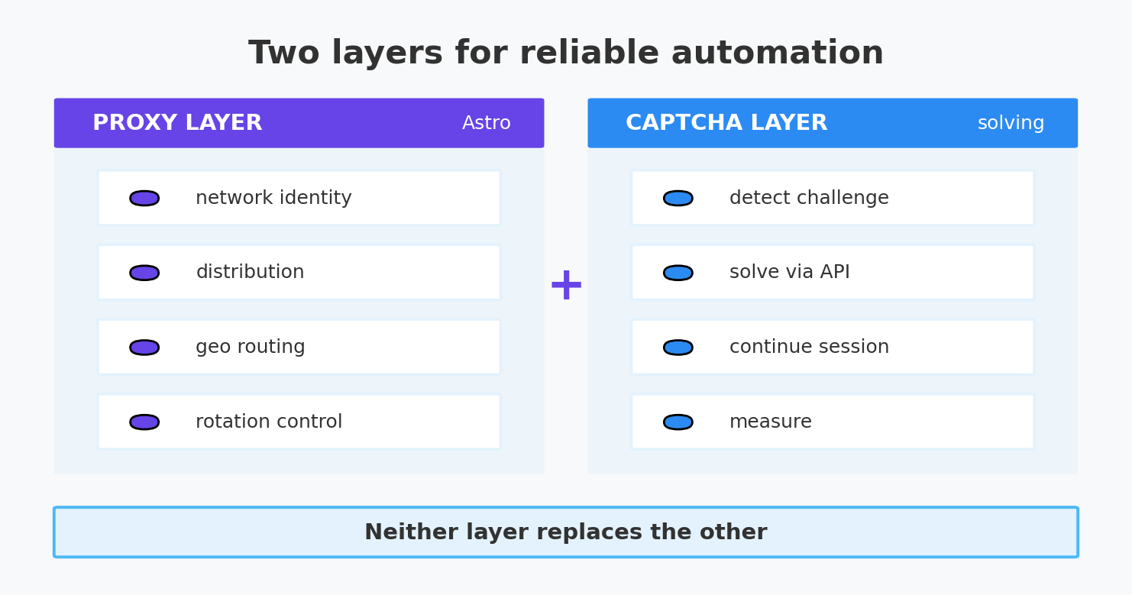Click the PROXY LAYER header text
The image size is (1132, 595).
pyautogui.click(x=177, y=123)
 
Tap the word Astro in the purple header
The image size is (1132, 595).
pyautogui.click(x=486, y=123)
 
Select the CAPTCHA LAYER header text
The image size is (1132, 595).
pyautogui.click(x=726, y=123)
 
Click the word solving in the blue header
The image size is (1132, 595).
pyautogui.click(x=1011, y=123)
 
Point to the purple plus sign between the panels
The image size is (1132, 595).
pyautogui.click(x=566, y=285)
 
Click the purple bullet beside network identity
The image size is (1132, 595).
pyautogui.click(x=144, y=198)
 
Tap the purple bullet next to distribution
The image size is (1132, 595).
pyautogui.click(x=144, y=273)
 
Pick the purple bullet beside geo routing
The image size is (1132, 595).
pyautogui.click(x=144, y=348)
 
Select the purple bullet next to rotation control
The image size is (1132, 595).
pyautogui.click(x=144, y=422)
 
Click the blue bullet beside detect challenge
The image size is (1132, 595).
pyautogui.click(x=678, y=198)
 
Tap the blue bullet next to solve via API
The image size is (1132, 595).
pyautogui.click(x=678, y=273)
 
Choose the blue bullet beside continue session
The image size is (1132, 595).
pyautogui.click(x=678, y=348)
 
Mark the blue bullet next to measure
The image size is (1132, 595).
pyautogui.click(x=678, y=422)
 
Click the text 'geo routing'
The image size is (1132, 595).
pyautogui.click(x=250, y=348)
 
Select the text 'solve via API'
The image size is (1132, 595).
pyautogui.click(x=789, y=272)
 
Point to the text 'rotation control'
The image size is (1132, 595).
pyautogui.click(x=269, y=421)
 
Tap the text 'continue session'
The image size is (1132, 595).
pyautogui.click(x=809, y=347)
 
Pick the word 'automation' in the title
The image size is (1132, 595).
pyautogui.click(x=778, y=53)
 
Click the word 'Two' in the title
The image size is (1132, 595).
pyautogui.click(x=284, y=53)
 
